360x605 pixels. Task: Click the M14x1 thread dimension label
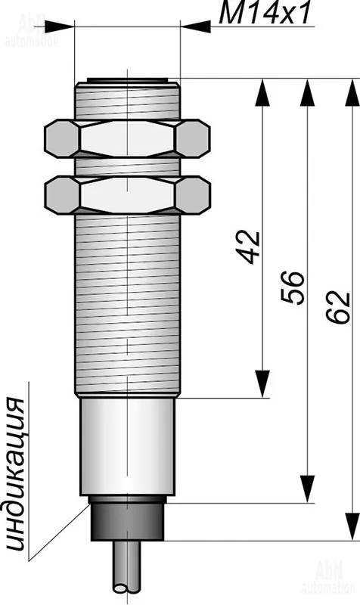[x=265, y=14]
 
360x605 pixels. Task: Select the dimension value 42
[x=249, y=247]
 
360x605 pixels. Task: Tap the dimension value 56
[x=293, y=288]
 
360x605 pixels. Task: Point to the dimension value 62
[x=338, y=307]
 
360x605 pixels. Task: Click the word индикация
[x=16, y=473]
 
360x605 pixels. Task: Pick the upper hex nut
[x=127, y=138]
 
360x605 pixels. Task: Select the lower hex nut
[x=127, y=195]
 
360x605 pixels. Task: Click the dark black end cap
[x=127, y=519]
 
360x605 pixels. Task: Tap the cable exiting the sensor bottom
[x=126, y=566]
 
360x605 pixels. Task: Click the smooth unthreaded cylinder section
[x=127, y=446]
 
